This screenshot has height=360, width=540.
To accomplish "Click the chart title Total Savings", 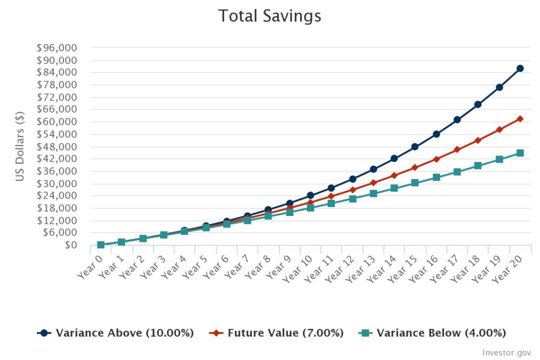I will (269, 16).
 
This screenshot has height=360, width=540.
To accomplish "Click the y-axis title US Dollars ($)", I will (20, 146).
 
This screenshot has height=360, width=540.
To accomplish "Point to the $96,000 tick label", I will (56, 48).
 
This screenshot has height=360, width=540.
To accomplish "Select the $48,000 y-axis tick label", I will (56, 146).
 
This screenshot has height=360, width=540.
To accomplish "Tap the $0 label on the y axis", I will (69, 245).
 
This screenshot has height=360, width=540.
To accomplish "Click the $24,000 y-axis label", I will (56, 195).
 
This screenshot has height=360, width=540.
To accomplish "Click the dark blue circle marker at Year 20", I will (520, 68).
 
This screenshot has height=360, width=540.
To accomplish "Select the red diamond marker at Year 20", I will (520, 118).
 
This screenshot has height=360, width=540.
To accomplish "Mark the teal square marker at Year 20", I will (520, 153).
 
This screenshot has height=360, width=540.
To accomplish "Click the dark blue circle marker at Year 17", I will (457, 119).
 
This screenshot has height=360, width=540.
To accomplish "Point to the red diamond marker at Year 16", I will (436, 159).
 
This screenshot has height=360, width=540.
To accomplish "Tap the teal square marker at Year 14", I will (394, 188).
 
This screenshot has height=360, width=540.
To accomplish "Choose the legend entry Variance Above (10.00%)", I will (116, 333).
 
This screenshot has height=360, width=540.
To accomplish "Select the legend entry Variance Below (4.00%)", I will (432, 333).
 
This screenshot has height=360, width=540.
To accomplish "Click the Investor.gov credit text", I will (506, 352).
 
